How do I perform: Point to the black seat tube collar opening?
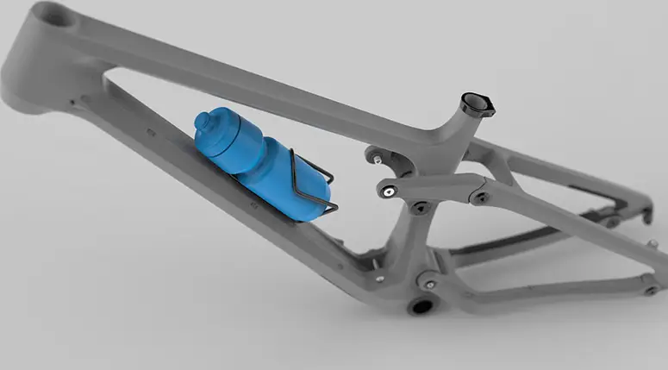(477, 103)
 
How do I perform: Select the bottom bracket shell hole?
(420, 306)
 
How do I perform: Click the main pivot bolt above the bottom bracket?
(428, 284)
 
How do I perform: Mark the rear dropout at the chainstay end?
(650, 290)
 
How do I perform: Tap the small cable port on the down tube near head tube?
(72, 101)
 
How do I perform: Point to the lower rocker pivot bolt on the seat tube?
(420, 208)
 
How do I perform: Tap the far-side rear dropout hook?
(646, 216)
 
